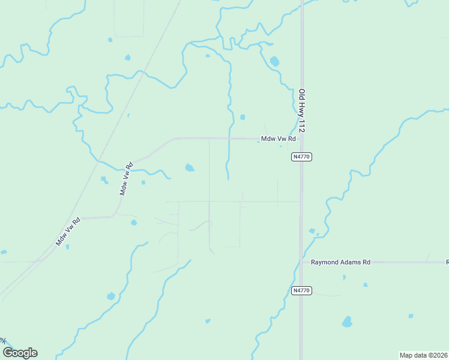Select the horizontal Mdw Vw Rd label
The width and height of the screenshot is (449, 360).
pos(279,139)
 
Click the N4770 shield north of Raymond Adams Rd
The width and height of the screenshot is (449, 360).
pos(302,157)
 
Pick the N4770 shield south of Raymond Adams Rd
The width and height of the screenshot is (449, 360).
pos(302,290)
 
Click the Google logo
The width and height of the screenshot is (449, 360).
pos(20,353)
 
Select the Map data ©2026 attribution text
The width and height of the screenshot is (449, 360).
pos(423,355)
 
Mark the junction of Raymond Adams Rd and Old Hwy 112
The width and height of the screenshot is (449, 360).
pos(301,262)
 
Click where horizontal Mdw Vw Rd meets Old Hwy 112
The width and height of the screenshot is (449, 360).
pos(301,139)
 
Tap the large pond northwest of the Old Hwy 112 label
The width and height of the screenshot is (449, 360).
pos(274,61)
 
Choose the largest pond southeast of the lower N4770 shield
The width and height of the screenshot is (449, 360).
pos(347,322)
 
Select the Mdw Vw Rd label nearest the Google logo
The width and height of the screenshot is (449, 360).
pos(68,232)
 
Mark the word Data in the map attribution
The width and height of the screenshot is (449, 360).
pos(418,355)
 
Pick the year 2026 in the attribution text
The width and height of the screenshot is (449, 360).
pos(439,355)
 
